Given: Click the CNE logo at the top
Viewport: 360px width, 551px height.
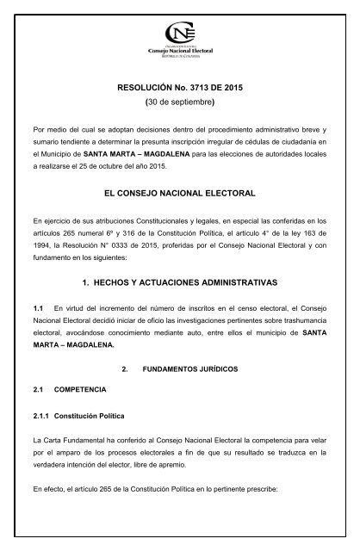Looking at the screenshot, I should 179,39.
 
